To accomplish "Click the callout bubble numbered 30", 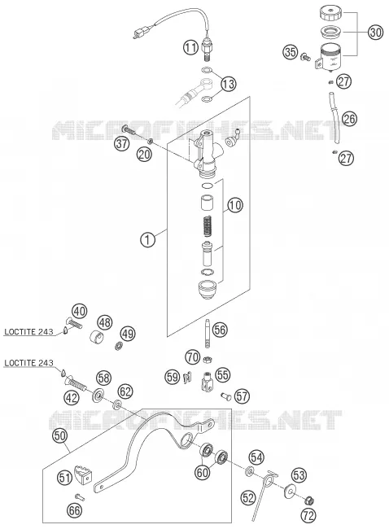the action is pos(375,33).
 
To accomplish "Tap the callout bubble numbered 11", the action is pos(191,47).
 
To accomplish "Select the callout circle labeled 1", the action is pos(147,240).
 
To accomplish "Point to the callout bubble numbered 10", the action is pos(235,205).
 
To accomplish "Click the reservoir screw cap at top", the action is pos(330,13).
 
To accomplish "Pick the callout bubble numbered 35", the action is pos(291,52).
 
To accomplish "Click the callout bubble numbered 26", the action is pos(349,119).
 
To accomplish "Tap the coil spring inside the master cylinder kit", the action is pos(208,226).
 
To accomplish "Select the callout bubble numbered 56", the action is pos(220,330).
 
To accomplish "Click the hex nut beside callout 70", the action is pos(208,360).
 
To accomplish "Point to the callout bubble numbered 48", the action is pos(105,322).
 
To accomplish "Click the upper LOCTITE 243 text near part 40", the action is pos(28,332).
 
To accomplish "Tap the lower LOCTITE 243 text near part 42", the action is pos(28,363).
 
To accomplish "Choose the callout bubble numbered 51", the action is pos(64,478).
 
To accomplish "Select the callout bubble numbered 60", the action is pos(203,472).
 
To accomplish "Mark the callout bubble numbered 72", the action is pos(308,515).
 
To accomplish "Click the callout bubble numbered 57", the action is pos(242,396).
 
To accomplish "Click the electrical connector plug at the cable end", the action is pos(138,34).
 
